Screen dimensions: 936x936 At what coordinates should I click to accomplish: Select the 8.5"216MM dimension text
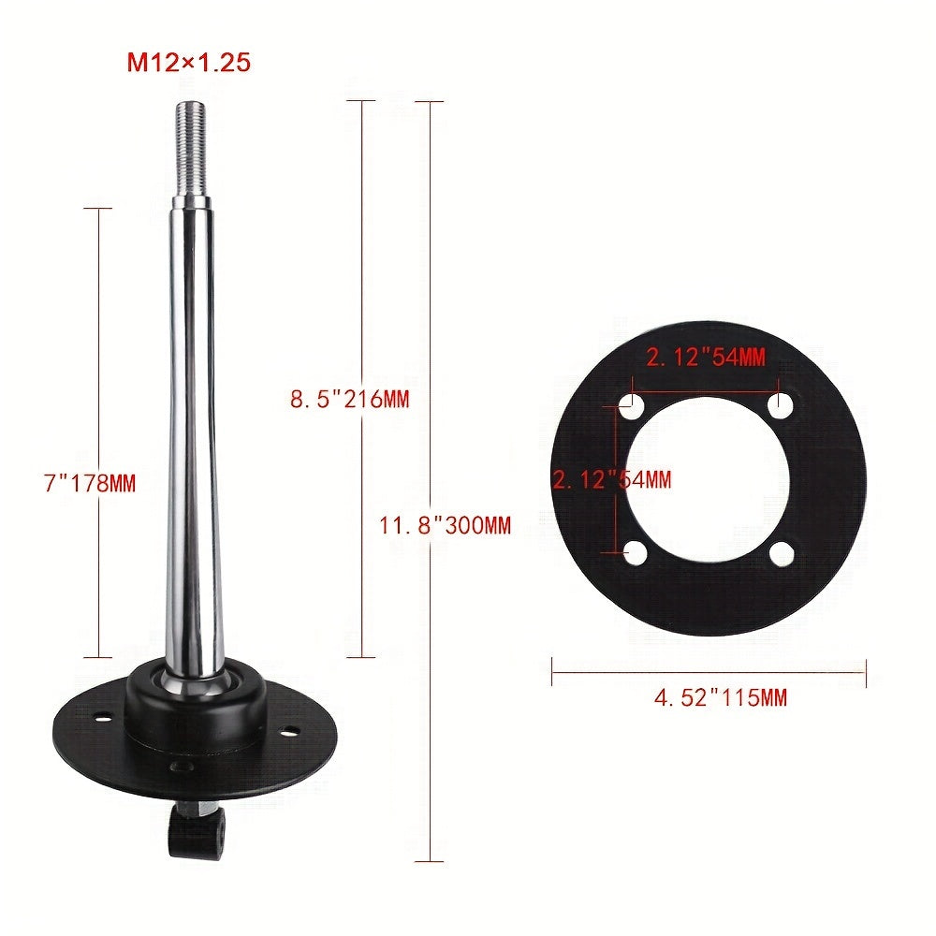pyautogui.click(x=349, y=399)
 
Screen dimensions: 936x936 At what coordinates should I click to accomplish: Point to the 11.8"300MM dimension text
pyautogui.click(x=445, y=525)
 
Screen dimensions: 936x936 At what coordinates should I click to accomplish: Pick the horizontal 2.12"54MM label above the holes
pyautogui.click(x=704, y=356)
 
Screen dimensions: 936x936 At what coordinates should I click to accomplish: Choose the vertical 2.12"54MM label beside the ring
pyautogui.click(x=611, y=480)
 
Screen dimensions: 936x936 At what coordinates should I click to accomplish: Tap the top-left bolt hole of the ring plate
pyautogui.click(x=634, y=408)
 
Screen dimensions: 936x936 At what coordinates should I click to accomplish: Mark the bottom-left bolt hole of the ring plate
pyautogui.click(x=635, y=554)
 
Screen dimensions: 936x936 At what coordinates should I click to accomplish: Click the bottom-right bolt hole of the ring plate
pyautogui.click(x=781, y=554)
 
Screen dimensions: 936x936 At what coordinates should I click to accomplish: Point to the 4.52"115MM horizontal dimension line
pyautogui.click(x=709, y=669)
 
